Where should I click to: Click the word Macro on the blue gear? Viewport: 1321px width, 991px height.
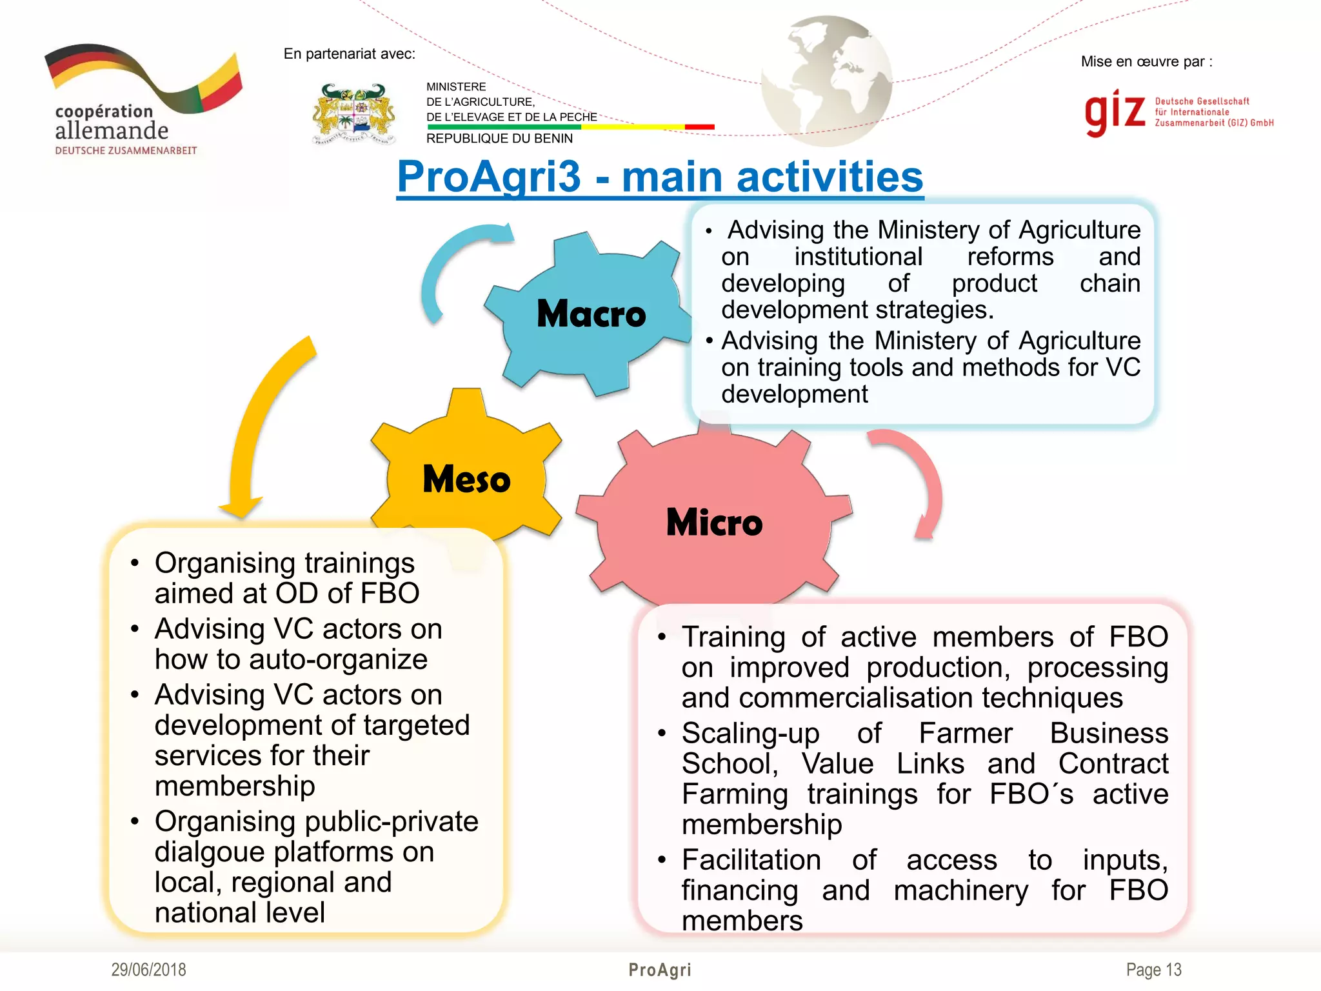click(x=591, y=314)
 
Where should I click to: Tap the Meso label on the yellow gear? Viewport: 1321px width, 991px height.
click(x=466, y=479)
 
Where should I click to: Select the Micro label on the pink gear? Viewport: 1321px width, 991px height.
click(x=714, y=523)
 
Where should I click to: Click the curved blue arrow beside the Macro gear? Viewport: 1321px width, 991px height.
click(x=452, y=265)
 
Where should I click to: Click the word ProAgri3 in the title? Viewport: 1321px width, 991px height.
click(x=489, y=177)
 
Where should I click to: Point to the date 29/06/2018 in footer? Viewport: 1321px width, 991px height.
click(x=148, y=970)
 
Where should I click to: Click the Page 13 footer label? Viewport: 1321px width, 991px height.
click(x=1153, y=970)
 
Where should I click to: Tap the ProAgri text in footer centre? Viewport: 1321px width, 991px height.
click(x=660, y=970)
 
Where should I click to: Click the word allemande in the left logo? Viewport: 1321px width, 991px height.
click(x=112, y=131)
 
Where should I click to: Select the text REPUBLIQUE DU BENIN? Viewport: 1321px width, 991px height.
click(x=499, y=139)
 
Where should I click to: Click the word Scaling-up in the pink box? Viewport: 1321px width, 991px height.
click(x=750, y=734)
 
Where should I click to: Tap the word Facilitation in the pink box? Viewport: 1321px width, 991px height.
click(x=751, y=860)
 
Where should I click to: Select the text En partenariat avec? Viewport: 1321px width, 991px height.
click(x=349, y=54)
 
